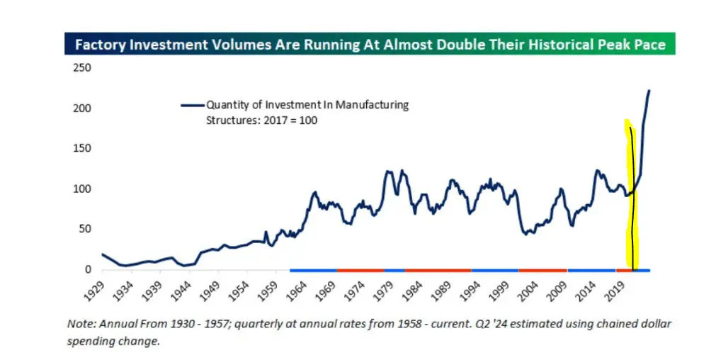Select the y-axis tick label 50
[x=84, y=230]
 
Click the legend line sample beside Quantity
[x=191, y=105]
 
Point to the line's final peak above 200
[x=649, y=91]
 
